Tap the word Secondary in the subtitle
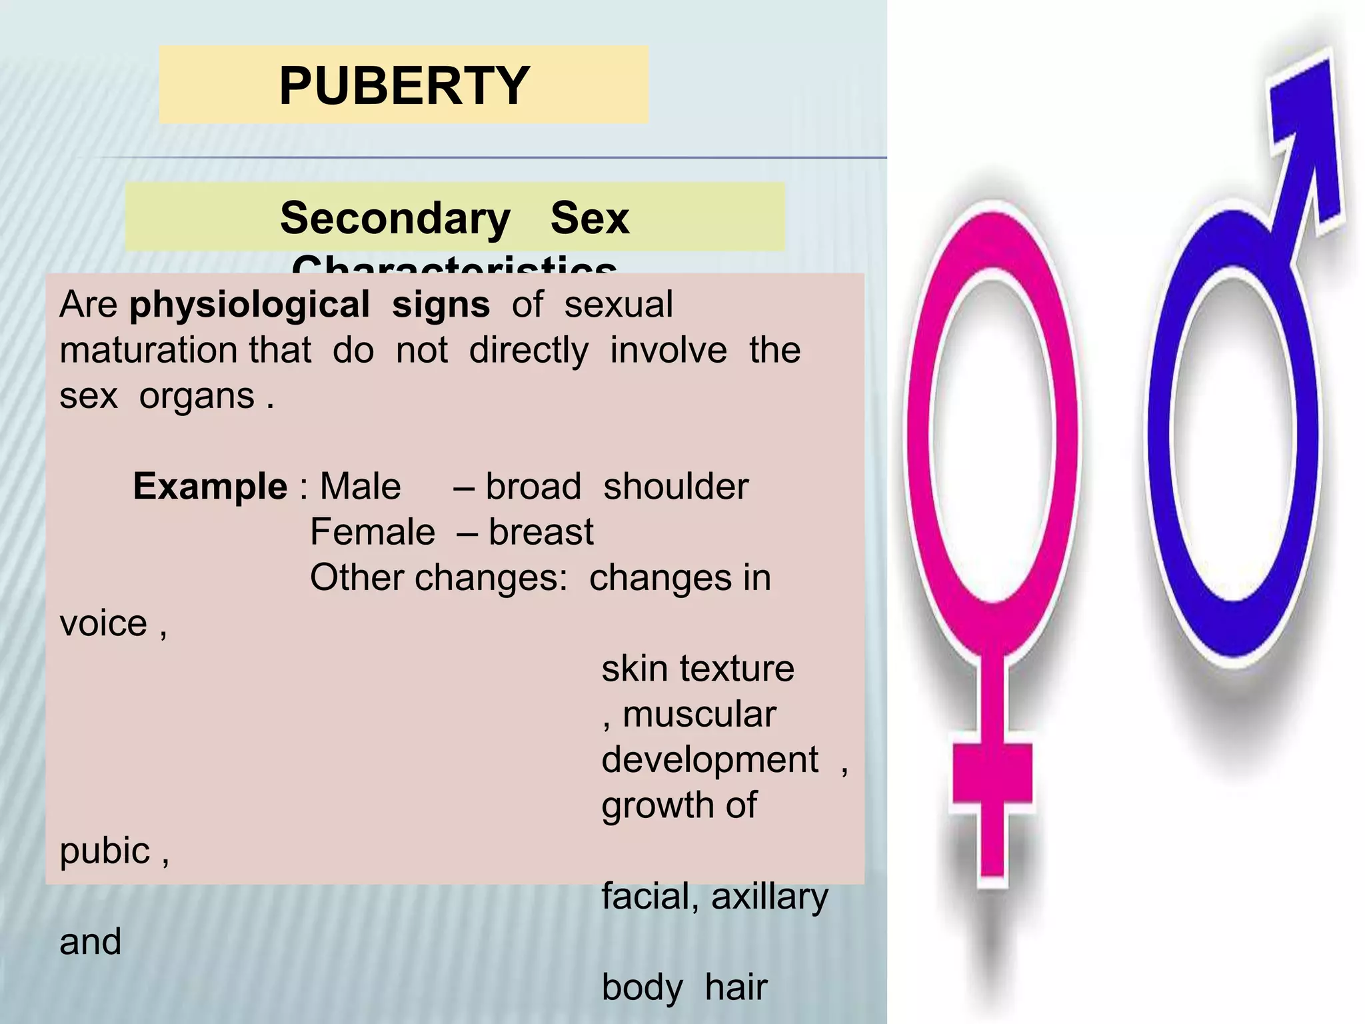pos(395,218)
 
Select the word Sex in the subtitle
pos(590,218)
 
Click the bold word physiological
pos(249,305)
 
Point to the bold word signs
pos(441,305)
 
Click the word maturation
pos(185,350)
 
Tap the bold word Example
pos(210,486)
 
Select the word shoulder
pos(675,486)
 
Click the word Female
pos(373,532)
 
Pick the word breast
pos(541,532)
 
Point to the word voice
pos(103,623)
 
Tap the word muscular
pos(699,714)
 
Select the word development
pos(710,760)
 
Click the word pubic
pos(105,851)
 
